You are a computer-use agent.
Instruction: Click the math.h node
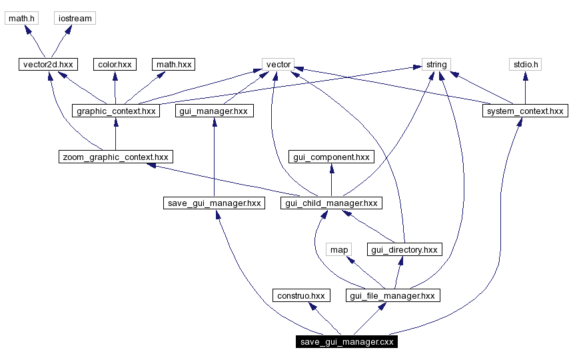click(21, 18)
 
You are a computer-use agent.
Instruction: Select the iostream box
click(75, 18)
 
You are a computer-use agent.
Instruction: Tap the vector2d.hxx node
click(47, 65)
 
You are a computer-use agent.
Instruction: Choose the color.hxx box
click(115, 65)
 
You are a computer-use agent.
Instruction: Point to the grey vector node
click(279, 65)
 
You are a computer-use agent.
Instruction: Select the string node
click(436, 65)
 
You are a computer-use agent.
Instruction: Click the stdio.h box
click(525, 65)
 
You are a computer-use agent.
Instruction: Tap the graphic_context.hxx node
click(116, 111)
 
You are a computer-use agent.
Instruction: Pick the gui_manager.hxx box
click(213, 111)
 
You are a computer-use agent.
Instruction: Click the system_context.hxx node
click(525, 111)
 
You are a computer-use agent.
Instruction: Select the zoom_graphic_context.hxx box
click(116, 157)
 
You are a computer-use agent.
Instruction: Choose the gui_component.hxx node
click(331, 157)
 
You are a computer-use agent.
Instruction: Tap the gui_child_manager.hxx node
click(331, 203)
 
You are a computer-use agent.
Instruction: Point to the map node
click(338, 249)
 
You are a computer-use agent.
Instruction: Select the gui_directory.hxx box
click(404, 249)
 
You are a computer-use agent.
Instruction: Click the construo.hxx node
click(300, 295)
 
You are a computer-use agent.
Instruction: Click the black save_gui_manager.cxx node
click(347, 342)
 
